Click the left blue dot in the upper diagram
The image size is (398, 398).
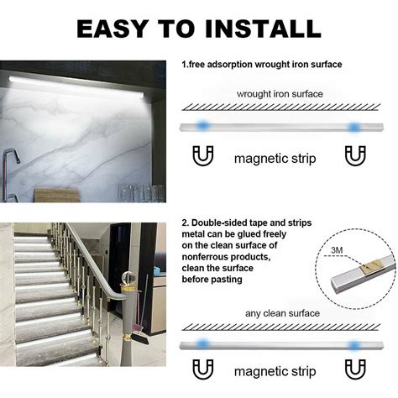[x=202, y=127]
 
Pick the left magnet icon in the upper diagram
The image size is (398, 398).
[x=202, y=155]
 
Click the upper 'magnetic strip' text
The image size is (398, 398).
[x=275, y=157]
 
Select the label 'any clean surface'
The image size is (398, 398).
[x=281, y=313]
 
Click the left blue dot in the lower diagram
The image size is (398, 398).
[x=202, y=343]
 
